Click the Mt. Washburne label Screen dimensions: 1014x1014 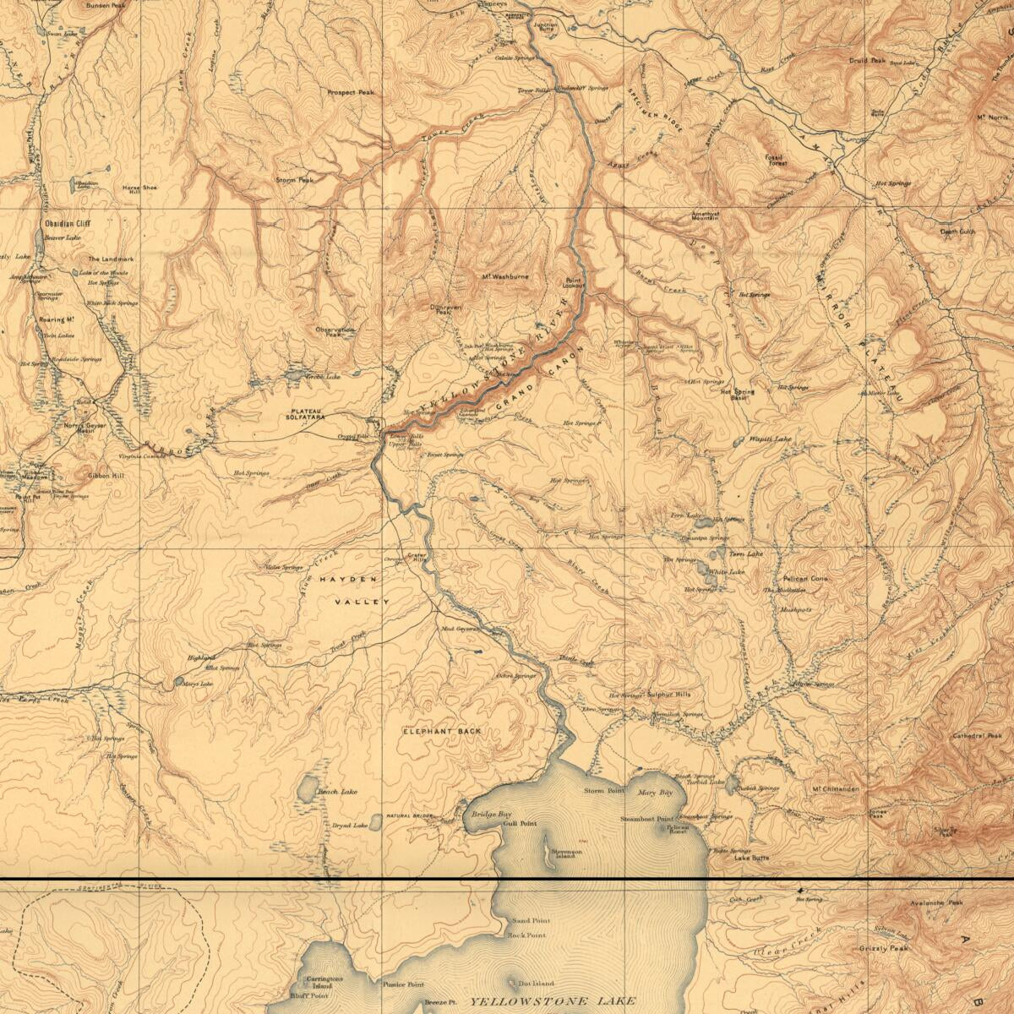click(x=505, y=276)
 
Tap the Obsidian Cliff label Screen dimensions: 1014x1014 click(x=67, y=224)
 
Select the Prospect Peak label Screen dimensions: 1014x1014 click(x=351, y=92)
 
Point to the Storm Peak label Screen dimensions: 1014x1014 click(x=294, y=180)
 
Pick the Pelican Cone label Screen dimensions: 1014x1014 click(x=807, y=579)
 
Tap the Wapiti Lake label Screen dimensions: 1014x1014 click(x=771, y=439)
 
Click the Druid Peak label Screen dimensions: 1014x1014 click(x=868, y=61)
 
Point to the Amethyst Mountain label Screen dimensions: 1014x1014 click(x=704, y=216)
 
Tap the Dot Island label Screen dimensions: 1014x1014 click(x=536, y=984)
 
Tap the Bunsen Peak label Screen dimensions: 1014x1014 click(x=105, y=5)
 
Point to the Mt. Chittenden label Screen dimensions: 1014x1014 click(x=835, y=789)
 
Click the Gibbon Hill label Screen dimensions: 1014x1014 click(x=106, y=477)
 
